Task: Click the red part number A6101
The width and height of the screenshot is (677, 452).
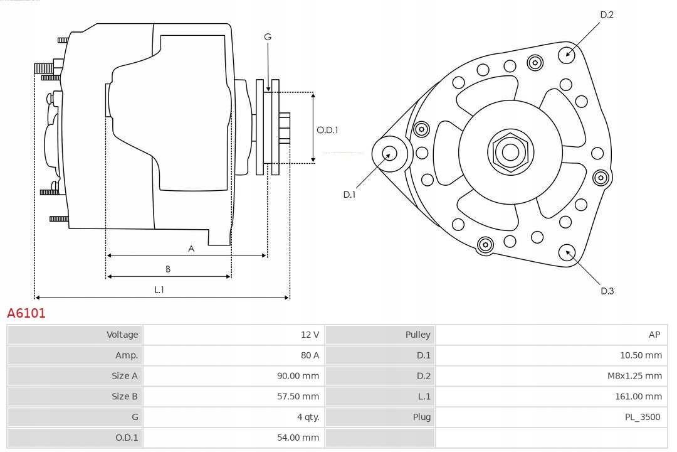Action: click(26, 313)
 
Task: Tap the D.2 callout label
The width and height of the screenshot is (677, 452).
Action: click(606, 14)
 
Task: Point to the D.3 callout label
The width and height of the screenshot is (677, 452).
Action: click(607, 291)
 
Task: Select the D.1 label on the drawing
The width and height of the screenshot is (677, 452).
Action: click(349, 195)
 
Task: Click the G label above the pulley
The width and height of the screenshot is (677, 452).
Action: click(268, 37)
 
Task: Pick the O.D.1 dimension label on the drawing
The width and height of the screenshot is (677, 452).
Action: click(327, 130)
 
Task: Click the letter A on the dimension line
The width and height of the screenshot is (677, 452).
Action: click(191, 249)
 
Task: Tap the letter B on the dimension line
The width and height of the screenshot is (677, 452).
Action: click(168, 269)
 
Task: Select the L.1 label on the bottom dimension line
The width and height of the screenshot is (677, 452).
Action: click(159, 290)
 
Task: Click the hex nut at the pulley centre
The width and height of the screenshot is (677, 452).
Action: click(510, 152)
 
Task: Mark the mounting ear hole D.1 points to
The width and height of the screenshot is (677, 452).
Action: click(389, 153)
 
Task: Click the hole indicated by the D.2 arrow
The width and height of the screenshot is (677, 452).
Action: click(567, 53)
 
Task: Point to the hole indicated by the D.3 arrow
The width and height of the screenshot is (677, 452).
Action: click(568, 252)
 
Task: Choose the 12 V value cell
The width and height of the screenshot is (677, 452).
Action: click(310, 335)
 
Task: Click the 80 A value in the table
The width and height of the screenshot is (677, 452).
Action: click(310, 355)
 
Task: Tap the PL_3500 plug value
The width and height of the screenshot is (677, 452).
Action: click(643, 417)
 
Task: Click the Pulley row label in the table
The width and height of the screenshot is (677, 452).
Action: click(417, 335)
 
